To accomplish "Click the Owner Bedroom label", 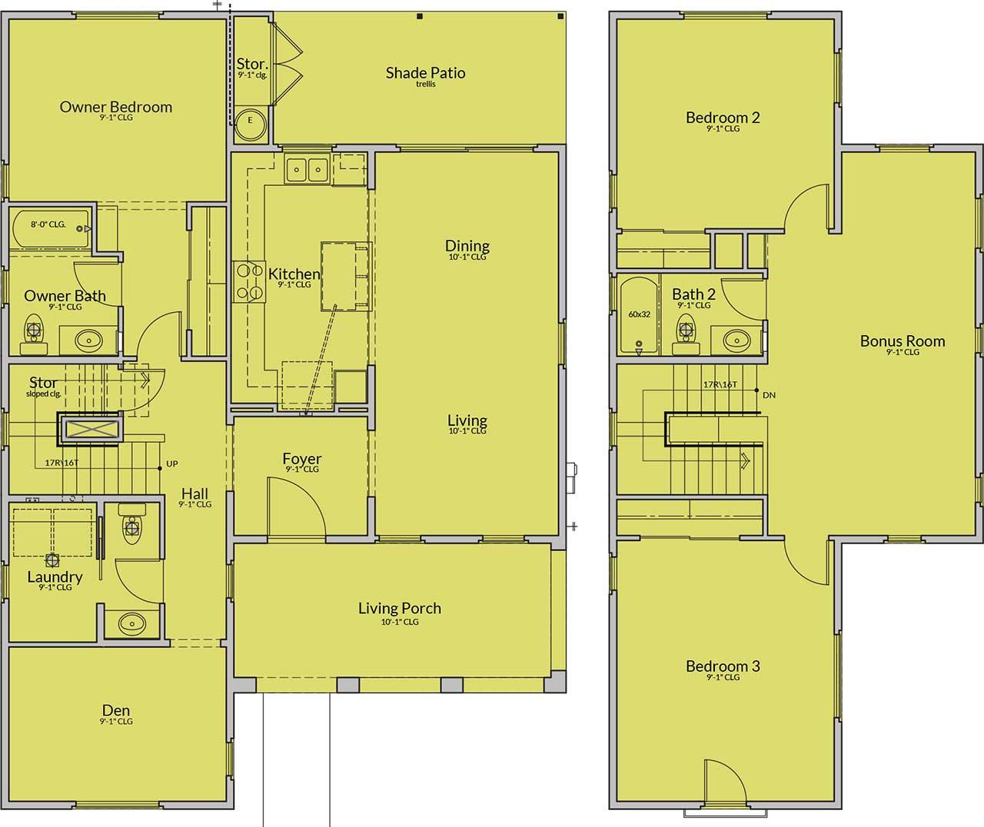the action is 116,107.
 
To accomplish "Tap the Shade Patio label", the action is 426,72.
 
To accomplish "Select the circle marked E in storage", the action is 251,125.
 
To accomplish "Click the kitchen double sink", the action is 307,168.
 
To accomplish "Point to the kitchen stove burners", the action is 249,282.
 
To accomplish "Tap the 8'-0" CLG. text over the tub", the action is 48,224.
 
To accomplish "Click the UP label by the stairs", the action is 172,463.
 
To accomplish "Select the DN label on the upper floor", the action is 769,395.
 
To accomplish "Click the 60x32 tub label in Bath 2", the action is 639,314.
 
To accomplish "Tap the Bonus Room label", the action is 903,340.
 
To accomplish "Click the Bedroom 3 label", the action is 723,666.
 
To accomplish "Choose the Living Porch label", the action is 400,608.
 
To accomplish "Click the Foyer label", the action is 301,458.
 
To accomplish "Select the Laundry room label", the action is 55,576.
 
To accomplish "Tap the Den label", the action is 116,710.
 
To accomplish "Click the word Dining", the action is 467,245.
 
